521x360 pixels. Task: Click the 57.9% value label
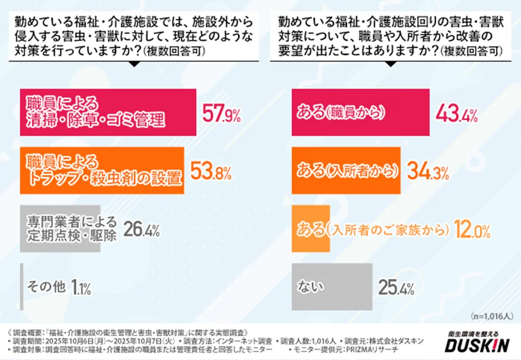click(x=221, y=115)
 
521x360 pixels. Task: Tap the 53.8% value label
click(x=211, y=172)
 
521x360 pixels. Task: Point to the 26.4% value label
click(x=141, y=228)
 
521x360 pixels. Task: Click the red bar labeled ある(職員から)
click(x=361, y=112)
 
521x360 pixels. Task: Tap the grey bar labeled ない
click(x=332, y=286)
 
